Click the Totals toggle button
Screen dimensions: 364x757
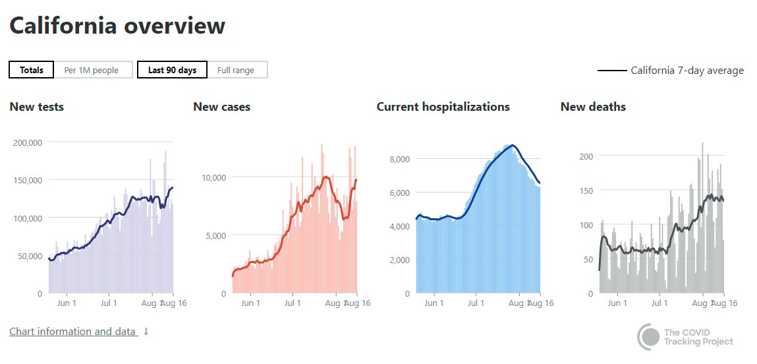(31, 70)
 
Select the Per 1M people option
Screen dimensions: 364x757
(92, 70)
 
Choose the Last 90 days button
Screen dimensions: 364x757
(172, 70)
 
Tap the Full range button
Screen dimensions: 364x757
(236, 70)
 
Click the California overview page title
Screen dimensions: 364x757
(117, 26)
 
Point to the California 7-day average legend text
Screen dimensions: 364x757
(687, 71)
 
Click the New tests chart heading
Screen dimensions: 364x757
(37, 107)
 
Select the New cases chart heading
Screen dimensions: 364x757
(221, 107)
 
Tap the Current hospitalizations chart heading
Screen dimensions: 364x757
(443, 107)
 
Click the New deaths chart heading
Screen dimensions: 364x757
(593, 107)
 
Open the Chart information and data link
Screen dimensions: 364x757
(72, 332)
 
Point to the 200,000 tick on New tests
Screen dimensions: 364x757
(28, 142)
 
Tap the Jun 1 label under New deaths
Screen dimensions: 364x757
(617, 303)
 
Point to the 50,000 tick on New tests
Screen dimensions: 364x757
(30, 255)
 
